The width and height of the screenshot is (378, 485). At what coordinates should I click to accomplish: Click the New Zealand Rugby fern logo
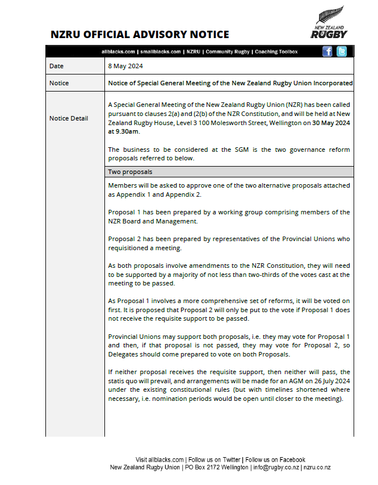tap(329, 23)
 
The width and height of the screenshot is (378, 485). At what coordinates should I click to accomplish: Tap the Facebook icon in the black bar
tap(327, 52)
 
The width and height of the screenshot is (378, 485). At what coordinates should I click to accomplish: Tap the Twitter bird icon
tap(341, 52)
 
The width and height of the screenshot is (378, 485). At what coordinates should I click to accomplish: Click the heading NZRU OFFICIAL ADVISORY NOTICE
tap(140, 35)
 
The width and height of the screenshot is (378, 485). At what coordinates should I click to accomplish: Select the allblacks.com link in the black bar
tap(118, 52)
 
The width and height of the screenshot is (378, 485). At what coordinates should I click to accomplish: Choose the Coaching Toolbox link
tap(276, 52)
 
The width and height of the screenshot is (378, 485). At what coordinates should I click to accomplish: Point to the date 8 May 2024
tap(125, 66)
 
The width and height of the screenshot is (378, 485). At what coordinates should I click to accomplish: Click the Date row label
tap(57, 66)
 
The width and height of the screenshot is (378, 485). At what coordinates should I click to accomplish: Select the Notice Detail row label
tap(69, 118)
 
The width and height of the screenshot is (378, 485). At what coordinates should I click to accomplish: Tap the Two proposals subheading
tap(130, 172)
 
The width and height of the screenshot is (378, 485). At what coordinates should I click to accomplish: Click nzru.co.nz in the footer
tap(317, 467)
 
